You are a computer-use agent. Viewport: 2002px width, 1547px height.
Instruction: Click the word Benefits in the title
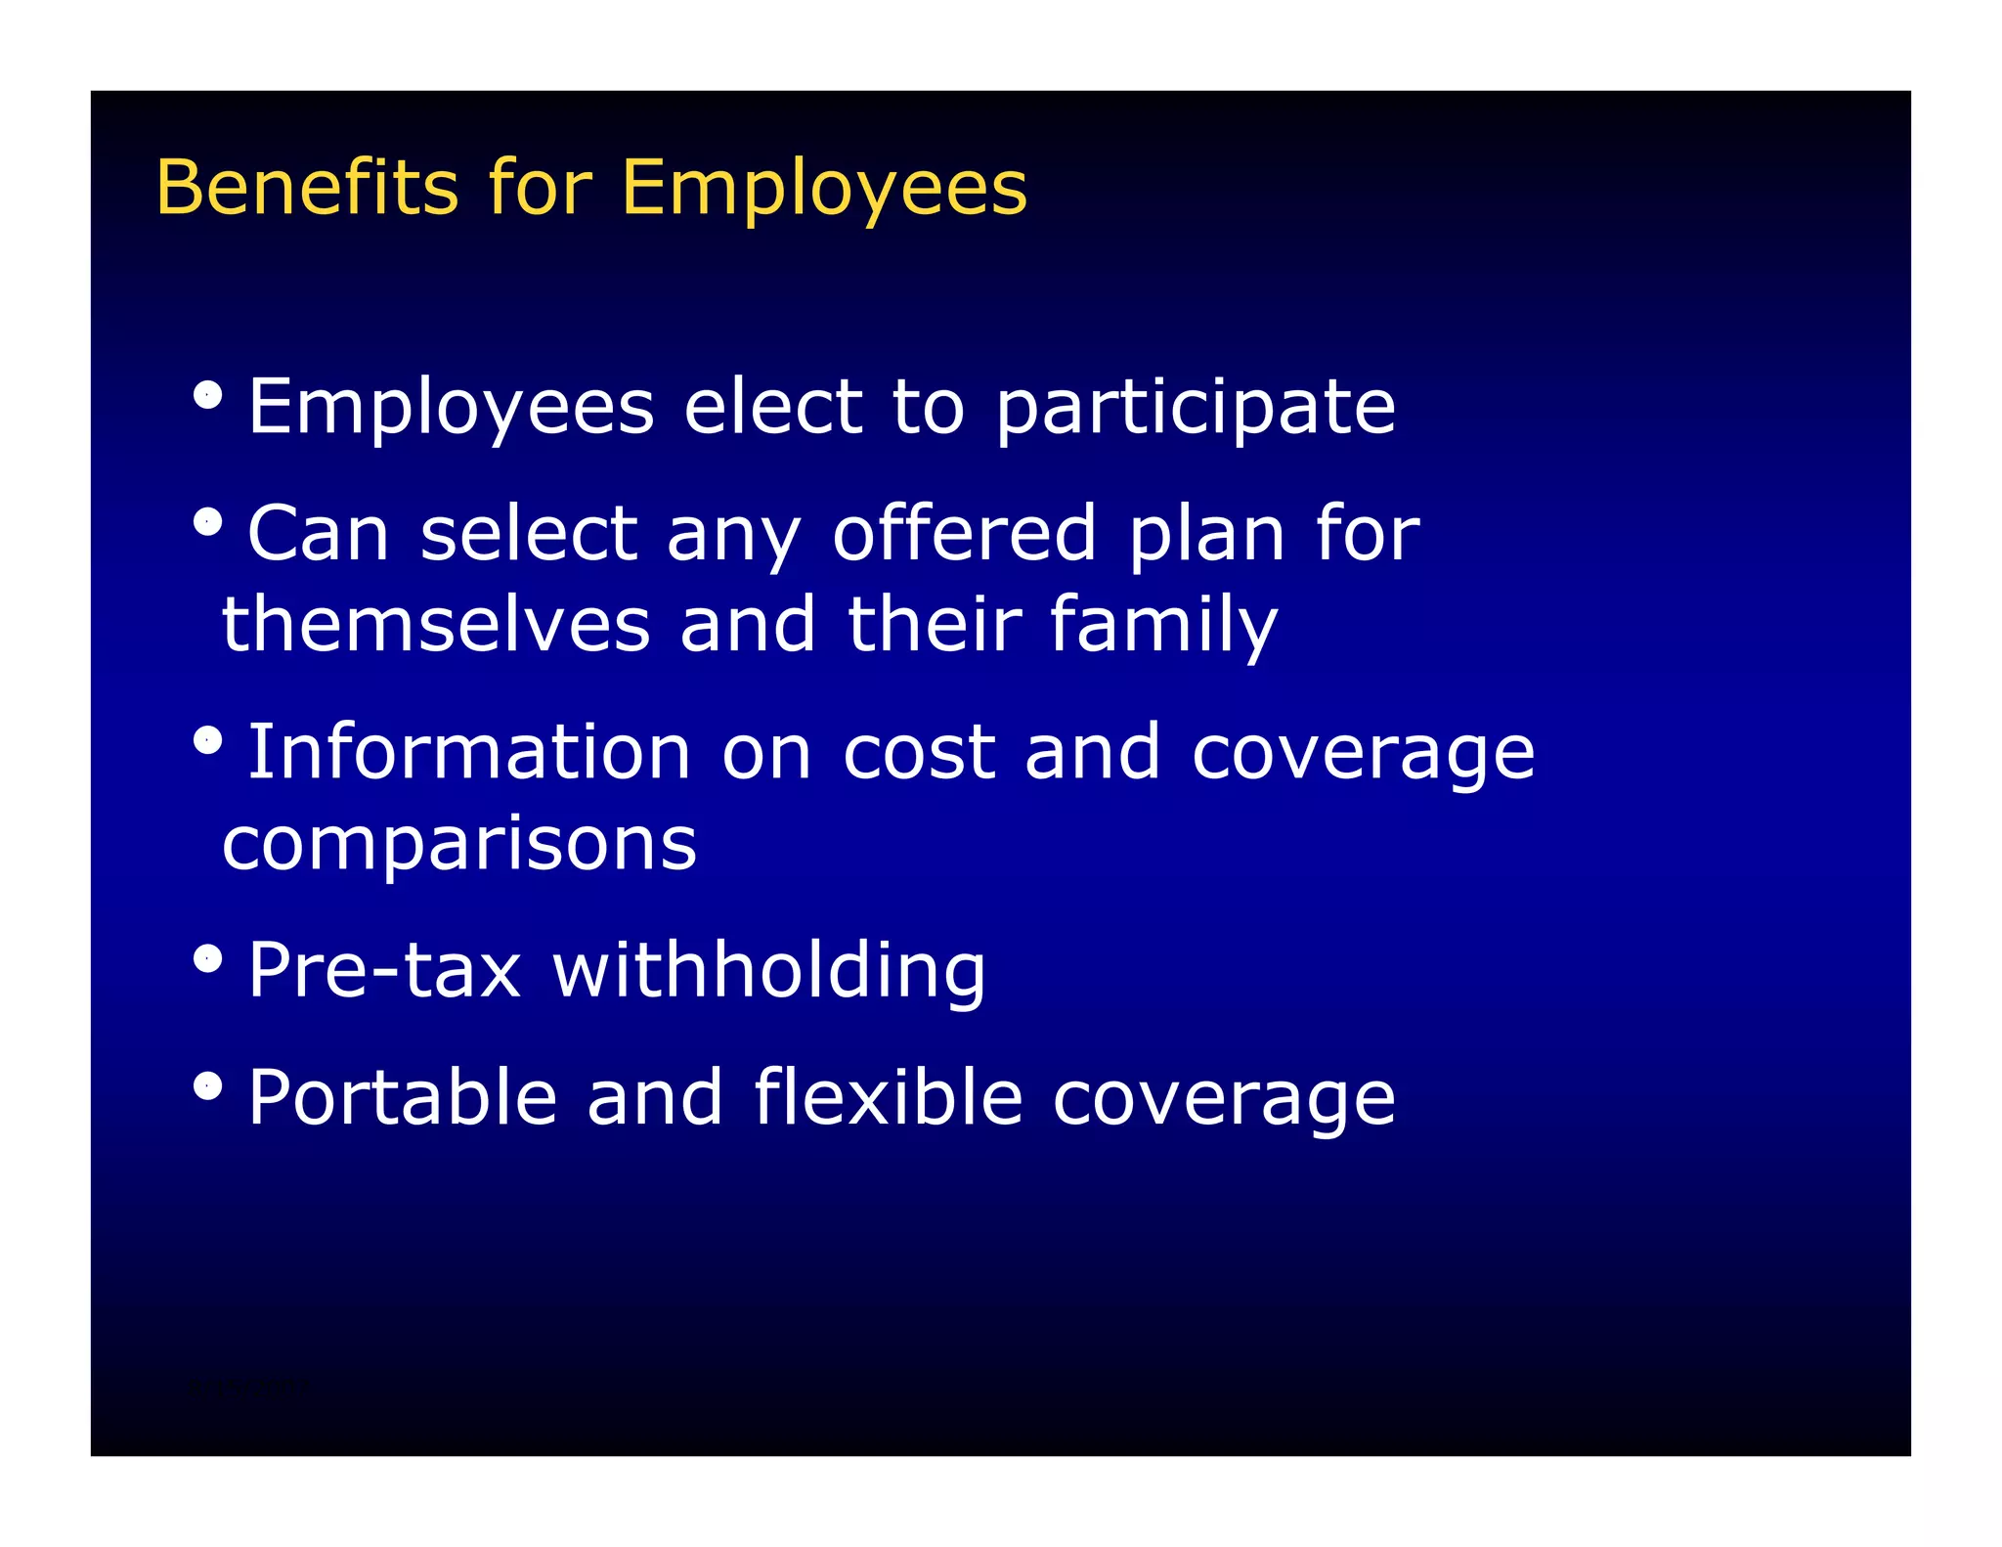(x=307, y=187)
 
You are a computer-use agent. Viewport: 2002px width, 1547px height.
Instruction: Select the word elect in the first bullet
(x=773, y=407)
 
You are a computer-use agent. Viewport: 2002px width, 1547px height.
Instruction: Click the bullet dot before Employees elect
(x=207, y=395)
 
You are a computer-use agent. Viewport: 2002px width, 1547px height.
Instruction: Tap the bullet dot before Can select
(x=207, y=522)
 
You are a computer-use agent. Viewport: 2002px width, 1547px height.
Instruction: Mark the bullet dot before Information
(x=207, y=740)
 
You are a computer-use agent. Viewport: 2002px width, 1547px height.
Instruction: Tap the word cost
(x=919, y=754)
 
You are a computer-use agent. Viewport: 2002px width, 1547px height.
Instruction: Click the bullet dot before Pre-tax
(x=207, y=958)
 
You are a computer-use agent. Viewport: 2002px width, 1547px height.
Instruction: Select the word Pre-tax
(x=384, y=971)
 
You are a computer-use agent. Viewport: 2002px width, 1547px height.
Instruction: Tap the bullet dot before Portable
(x=207, y=1085)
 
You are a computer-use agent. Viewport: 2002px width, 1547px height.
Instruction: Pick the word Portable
(x=402, y=1097)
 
